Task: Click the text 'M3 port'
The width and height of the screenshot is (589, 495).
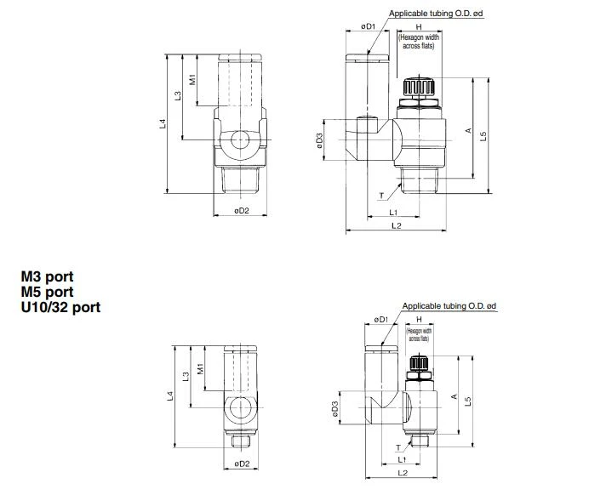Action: tap(47, 276)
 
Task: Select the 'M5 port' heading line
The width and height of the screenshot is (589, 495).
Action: tap(47, 292)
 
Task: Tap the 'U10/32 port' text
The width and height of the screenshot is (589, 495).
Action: tap(60, 307)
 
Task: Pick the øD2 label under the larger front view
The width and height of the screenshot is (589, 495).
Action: tap(242, 211)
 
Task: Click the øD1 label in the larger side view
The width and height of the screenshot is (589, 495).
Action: tap(368, 27)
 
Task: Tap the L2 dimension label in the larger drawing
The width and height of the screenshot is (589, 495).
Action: tap(396, 226)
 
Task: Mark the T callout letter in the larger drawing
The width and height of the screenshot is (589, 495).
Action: tap(380, 196)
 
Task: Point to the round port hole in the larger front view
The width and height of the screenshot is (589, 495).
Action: tap(241, 139)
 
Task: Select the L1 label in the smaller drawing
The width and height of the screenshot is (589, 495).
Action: tap(401, 460)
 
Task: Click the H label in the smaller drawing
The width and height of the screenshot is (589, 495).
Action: tap(418, 320)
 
